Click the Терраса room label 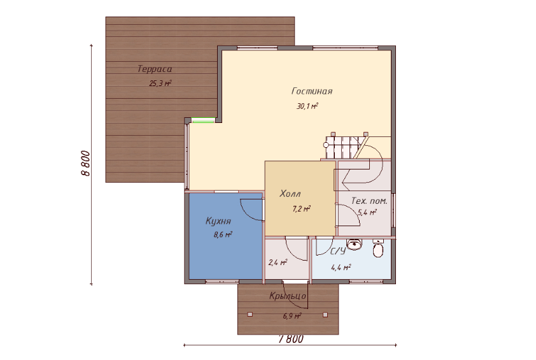pyautogui.click(x=155, y=69)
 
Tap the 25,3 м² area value pyautogui.click(x=160, y=83)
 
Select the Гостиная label pyautogui.click(x=312, y=91)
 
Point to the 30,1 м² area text pyautogui.click(x=307, y=106)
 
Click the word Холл pyautogui.click(x=290, y=194)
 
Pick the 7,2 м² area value pyautogui.click(x=302, y=209)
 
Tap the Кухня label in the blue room pyautogui.click(x=218, y=221)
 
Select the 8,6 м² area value pyautogui.click(x=223, y=234)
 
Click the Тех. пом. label pyautogui.click(x=369, y=201)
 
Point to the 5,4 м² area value pyautogui.click(x=367, y=212)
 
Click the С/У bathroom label pyautogui.click(x=338, y=252)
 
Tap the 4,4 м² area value pyautogui.click(x=341, y=267)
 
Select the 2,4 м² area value pyautogui.click(x=278, y=263)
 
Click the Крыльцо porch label pyautogui.click(x=288, y=296)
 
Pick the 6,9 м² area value pyautogui.click(x=292, y=316)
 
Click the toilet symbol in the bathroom pyautogui.click(x=377, y=248)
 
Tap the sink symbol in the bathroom pyautogui.click(x=354, y=244)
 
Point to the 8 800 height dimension pyautogui.click(x=85, y=164)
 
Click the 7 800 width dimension pyautogui.click(x=292, y=339)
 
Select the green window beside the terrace pyautogui.click(x=203, y=120)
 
